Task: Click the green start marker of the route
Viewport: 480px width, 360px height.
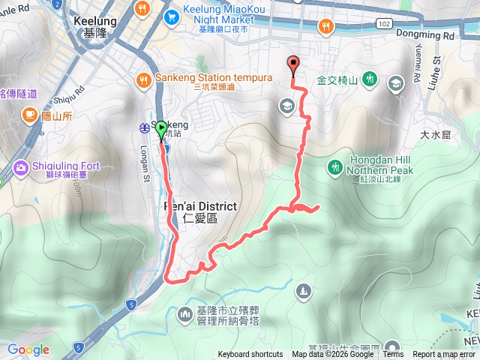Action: (161, 130)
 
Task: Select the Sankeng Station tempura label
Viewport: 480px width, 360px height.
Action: (195, 78)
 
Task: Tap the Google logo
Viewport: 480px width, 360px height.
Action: (28, 349)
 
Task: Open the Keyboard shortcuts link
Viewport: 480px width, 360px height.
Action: (250, 355)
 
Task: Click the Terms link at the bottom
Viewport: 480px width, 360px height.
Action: (393, 355)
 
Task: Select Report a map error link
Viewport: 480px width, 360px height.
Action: (445, 355)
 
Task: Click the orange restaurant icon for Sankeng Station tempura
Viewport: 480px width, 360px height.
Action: (143, 78)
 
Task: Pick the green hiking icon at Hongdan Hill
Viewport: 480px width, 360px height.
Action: (334, 166)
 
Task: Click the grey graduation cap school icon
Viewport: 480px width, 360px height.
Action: (286, 106)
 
